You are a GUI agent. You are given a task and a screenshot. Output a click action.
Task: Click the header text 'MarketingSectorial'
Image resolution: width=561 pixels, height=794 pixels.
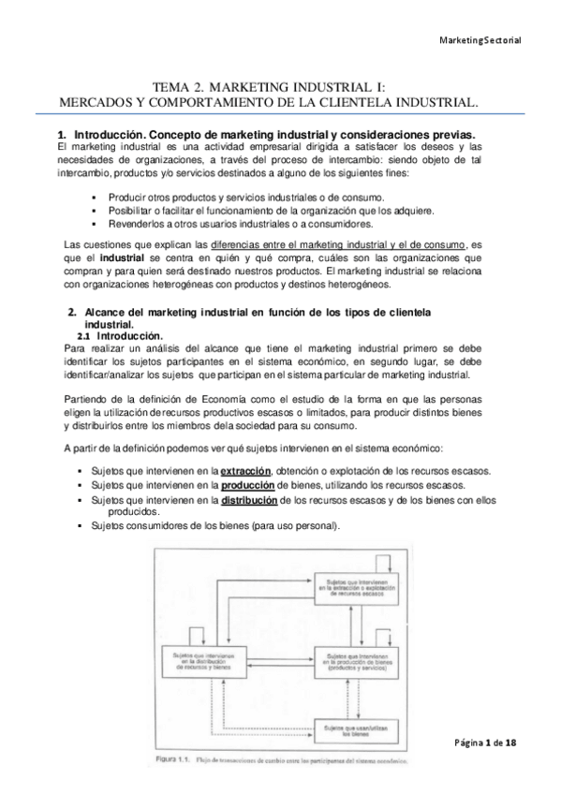point(480,40)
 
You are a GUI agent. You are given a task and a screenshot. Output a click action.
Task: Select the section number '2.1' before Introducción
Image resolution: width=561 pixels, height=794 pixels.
point(83,336)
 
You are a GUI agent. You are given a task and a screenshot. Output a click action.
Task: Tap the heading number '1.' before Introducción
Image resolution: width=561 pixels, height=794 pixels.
point(63,134)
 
